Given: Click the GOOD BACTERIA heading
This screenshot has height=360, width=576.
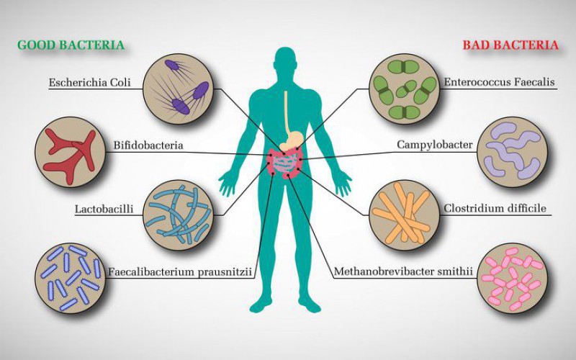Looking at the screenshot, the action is coord(71,45).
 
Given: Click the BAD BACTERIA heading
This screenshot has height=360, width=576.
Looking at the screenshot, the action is coord(510,45).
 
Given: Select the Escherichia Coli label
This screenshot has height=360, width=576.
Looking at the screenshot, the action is coord(89,82).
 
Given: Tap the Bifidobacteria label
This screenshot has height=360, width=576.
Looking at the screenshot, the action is coord(148,145).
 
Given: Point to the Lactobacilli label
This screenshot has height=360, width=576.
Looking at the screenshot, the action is coord(104,209).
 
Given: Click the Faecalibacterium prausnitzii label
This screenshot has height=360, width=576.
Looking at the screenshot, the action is coord(179,272).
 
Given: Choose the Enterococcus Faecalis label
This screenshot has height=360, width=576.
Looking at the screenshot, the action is coord(499,81).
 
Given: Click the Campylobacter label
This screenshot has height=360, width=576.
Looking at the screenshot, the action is coord(435,145).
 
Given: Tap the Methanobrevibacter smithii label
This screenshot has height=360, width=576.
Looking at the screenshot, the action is coord(403,271).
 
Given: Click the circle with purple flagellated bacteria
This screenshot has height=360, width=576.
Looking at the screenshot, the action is coord(179,89).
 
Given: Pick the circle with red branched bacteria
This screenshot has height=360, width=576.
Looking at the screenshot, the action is coord(70,152).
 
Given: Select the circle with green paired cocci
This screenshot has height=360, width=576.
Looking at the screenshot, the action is coord(404,89).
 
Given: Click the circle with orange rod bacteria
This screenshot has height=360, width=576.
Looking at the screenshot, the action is coord(404,215).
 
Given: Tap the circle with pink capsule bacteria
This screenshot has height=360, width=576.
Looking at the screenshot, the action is coord(513,278).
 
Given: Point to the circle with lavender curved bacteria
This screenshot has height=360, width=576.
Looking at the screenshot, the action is coord(513,152).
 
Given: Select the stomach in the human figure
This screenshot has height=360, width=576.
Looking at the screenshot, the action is coord(292,140).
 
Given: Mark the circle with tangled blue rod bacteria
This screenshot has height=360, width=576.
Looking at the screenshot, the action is coord(179,215).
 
